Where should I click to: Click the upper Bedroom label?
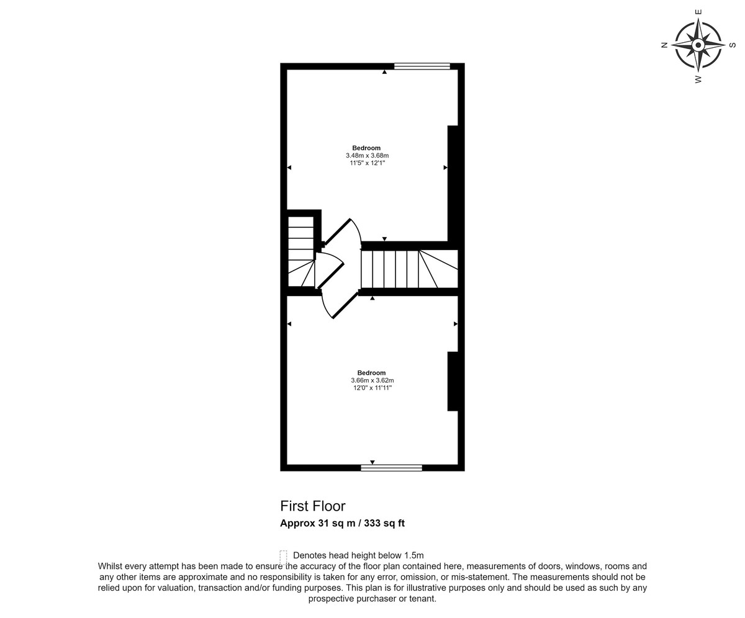coord(366,148)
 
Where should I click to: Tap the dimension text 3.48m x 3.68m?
coord(367,156)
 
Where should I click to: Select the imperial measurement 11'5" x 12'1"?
coord(367,163)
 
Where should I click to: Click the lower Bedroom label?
coord(371,373)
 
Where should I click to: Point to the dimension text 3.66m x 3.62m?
coord(372,380)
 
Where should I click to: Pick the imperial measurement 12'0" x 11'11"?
coord(372,388)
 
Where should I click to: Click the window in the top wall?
coord(422,66)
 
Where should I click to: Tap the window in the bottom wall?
coord(391,468)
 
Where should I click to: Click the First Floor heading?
coord(312,506)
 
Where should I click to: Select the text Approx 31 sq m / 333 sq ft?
coord(342,523)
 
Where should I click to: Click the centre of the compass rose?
coord(698,45)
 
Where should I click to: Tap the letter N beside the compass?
coord(664,45)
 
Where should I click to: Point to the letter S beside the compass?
coord(732,45)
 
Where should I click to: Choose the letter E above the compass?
coord(698,12)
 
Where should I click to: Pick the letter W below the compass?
coord(698,79)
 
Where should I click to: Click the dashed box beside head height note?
coord(283,558)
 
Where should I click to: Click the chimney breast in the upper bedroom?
coord(453,183)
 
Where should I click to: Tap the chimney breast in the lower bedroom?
coord(453,381)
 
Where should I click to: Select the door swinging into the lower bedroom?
coord(339,304)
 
